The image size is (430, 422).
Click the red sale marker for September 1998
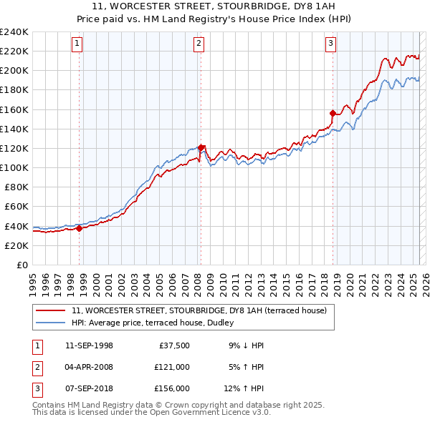click(80, 228)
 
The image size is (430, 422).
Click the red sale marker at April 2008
click(201, 147)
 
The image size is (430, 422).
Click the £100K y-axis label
click(14, 167)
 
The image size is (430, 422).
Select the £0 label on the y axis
click(21, 265)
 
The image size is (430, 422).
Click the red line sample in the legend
click(50, 310)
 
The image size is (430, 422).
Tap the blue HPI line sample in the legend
click(50, 323)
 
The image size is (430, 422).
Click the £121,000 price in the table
click(172, 367)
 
